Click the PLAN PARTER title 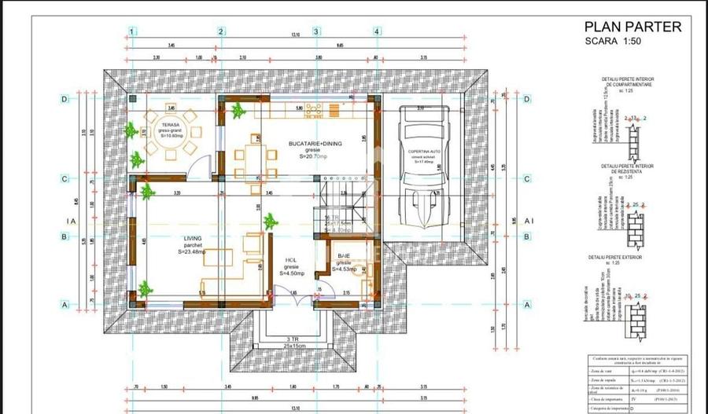[x=632, y=26]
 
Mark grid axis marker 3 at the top [x=316, y=31]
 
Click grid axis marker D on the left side [x=65, y=99]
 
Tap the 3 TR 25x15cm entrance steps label [x=278, y=343]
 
